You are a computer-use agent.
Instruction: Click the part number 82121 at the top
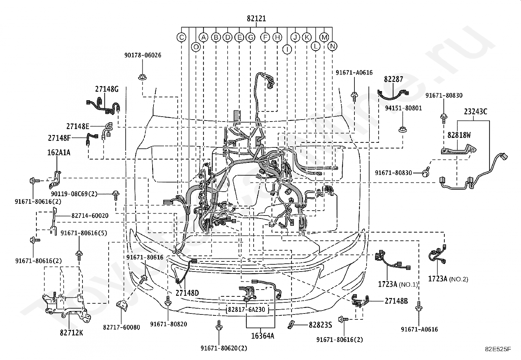pos(256,18)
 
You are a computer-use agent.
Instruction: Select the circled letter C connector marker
pos(181,37)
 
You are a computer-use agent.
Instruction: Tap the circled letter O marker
pos(196,47)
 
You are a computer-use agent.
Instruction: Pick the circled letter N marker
pos(332,46)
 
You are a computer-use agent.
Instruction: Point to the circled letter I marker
pos(287,49)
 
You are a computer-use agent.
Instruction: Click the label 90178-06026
pos(143,55)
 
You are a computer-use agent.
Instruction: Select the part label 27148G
pos(107,89)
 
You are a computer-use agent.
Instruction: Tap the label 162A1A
pos(59,153)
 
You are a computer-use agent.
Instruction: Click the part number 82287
pos(393,79)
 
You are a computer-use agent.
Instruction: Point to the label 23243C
pos(476,112)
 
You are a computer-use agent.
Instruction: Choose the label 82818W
pos(459,135)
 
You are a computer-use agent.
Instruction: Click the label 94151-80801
pos(403,108)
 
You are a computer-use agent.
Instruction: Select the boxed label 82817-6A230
pos(246,310)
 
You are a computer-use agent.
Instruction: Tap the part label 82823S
pos(320,325)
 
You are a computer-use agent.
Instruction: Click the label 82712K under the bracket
pos(71,333)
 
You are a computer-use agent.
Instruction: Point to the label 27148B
pos(396,301)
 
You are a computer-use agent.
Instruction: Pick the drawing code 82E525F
pos(498,349)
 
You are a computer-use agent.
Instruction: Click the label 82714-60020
pos(90,216)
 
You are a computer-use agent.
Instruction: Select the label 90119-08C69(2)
pos(74,194)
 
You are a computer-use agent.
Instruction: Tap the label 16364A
pos(262,336)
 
